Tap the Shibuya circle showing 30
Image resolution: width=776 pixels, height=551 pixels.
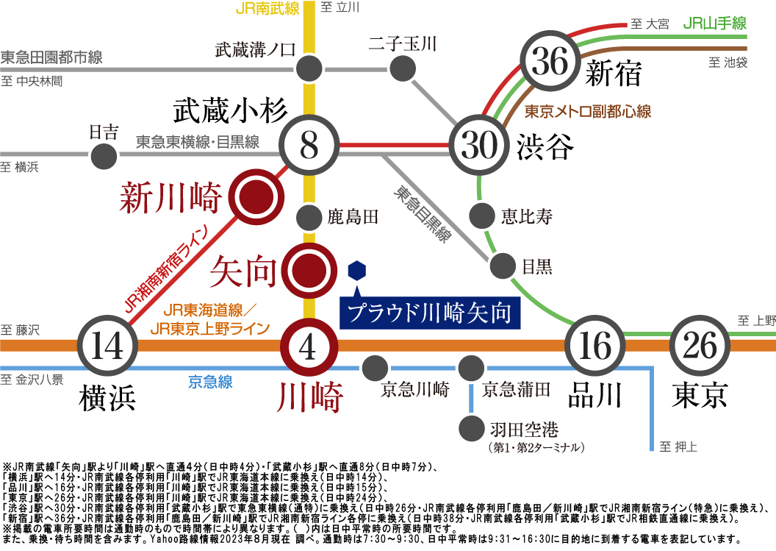click(x=478, y=145)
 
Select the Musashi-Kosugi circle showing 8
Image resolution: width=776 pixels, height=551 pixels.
click(x=309, y=145)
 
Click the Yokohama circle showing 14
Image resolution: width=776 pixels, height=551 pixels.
click(x=107, y=345)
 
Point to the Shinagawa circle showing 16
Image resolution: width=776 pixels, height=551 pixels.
click(x=594, y=345)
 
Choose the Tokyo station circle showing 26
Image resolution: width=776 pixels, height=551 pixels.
click(x=700, y=345)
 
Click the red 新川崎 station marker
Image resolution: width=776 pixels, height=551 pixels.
click(x=256, y=196)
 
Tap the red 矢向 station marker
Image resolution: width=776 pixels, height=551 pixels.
click(x=309, y=271)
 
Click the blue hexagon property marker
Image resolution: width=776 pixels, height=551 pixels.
click(x=357, y=271)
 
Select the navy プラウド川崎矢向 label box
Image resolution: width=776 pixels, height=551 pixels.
click(x=430, y=313)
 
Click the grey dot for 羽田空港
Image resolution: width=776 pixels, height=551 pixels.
click(x=472, y=428)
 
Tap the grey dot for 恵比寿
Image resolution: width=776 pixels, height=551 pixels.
click(x=481, y=216)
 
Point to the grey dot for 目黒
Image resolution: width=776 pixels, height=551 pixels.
click(x=503, y=266)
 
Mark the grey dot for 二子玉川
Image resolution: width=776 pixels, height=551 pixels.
click(x=403, y=68)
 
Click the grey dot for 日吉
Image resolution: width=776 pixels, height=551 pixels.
click(x=104, y=157)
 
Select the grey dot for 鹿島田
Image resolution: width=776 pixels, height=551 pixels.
click(x=309, y=217)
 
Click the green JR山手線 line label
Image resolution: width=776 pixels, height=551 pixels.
click(x=714, y=23)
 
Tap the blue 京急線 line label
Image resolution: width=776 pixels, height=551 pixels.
click(x=210, y=382)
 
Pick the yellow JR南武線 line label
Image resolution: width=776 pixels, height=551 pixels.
click(x=267, y=8)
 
